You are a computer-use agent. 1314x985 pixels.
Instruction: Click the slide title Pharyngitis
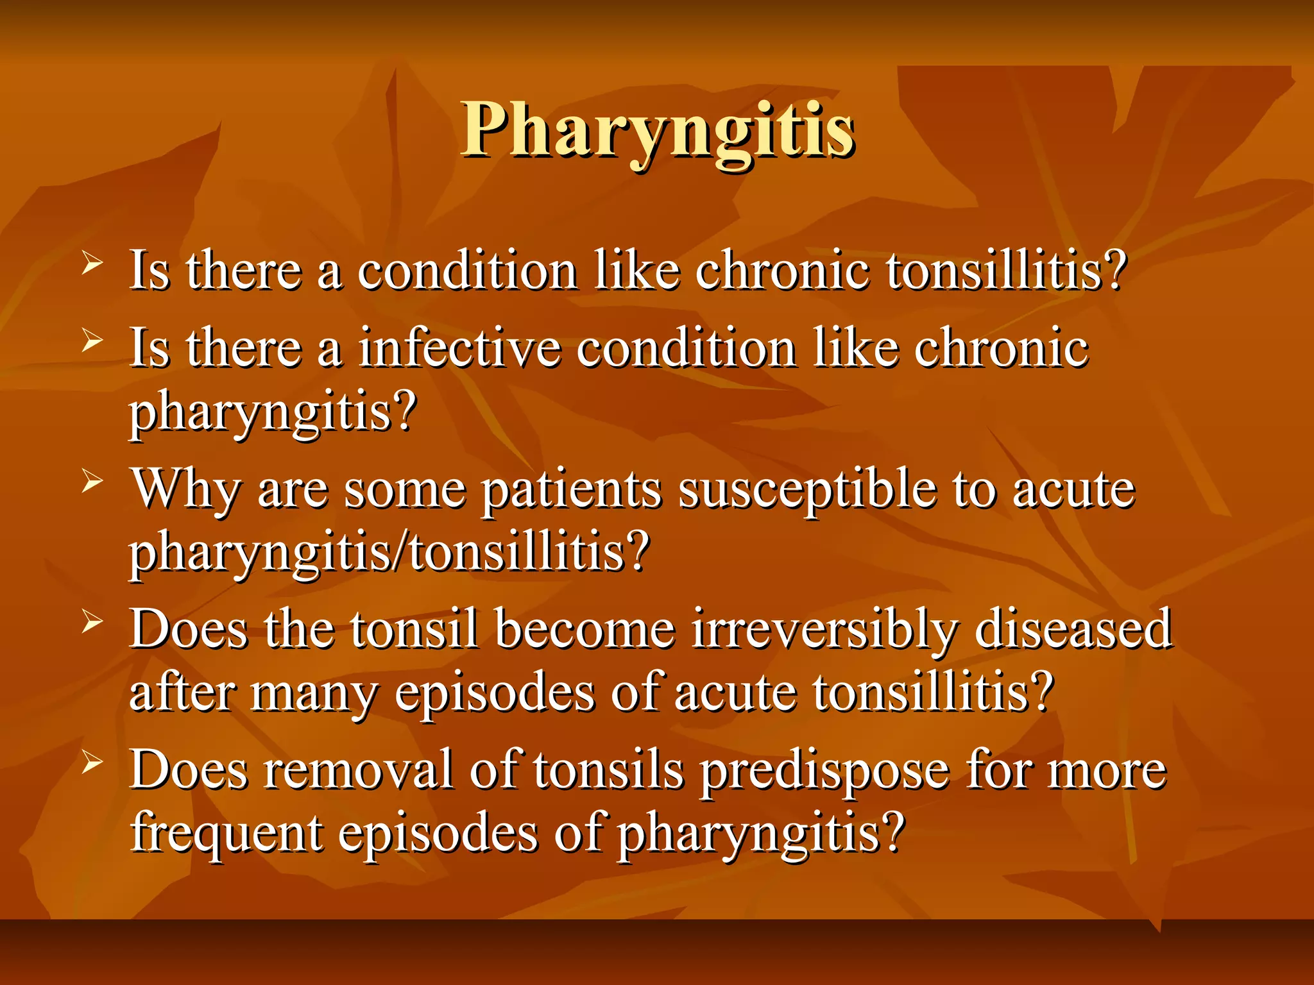(658, 130)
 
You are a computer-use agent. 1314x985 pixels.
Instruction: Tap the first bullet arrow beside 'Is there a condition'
(92, 264)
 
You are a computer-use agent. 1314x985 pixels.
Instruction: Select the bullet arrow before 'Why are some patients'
(92, 482)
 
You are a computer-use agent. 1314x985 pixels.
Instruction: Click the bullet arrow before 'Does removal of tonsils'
(92, 762)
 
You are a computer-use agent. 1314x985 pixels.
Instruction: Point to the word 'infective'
(459, 348)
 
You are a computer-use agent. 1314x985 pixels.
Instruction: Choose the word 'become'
(584, 630)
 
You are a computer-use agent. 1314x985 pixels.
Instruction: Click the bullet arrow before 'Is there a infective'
(92, 341)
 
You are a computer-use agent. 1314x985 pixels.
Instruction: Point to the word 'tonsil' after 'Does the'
(414, 630)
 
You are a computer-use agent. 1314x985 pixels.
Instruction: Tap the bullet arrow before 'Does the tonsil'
(92, 622)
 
